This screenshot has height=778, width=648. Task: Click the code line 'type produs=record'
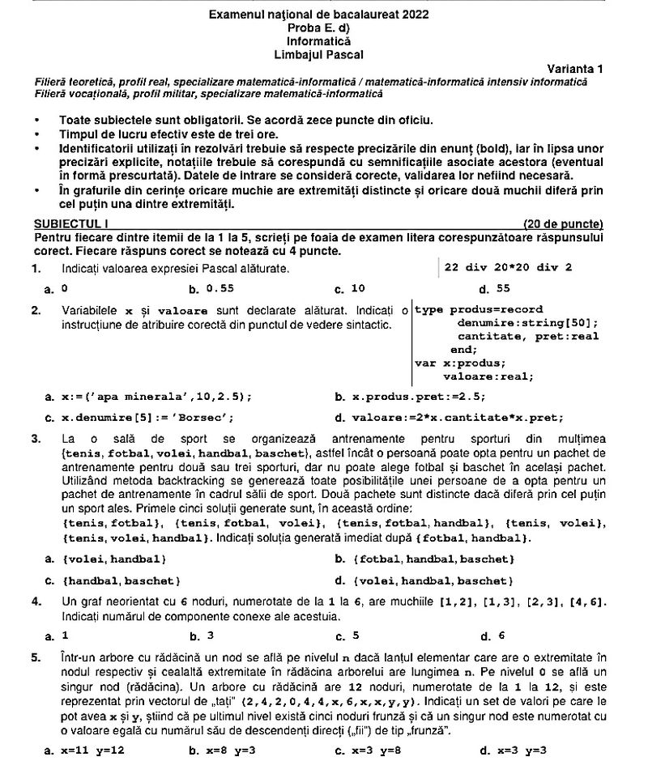[479, 309]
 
